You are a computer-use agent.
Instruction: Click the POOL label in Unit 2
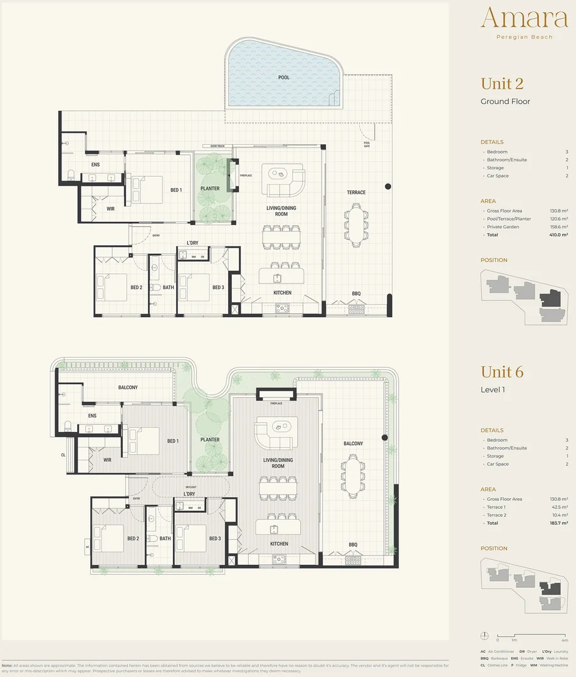tap(284, 78)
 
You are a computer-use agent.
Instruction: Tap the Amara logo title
tap(524, 18)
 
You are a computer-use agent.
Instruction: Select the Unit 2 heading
tap(501, 83)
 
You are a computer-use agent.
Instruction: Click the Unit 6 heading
tap(501, 372)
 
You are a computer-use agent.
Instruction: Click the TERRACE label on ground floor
tap(356, 192)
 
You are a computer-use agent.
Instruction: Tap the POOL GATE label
tap(367, 144)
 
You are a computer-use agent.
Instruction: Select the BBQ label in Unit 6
tap(353, 544)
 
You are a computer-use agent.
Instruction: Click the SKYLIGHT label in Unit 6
tap(191, 486)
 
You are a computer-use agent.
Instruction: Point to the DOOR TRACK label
tap(217, 146)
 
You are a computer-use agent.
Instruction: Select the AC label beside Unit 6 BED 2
tap(88, 546)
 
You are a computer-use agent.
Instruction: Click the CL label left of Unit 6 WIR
tap(63, 455)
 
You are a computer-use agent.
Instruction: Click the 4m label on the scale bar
tap(565, 640)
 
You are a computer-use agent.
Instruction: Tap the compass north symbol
tap(484, 634)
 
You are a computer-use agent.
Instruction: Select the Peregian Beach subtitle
tap(524, 37)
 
